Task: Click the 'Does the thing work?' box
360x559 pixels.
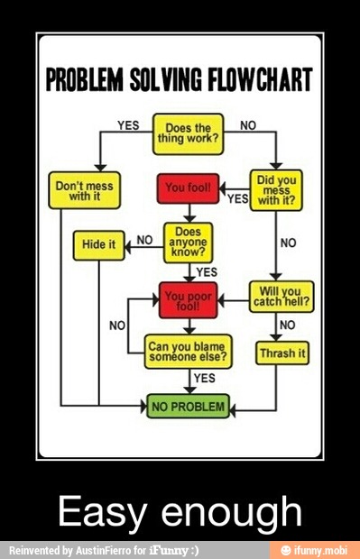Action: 188,133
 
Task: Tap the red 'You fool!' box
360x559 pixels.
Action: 188,188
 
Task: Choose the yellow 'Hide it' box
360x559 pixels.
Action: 99,244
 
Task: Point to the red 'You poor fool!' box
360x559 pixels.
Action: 188,299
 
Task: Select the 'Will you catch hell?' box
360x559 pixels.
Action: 281,298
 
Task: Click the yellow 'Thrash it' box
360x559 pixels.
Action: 282,353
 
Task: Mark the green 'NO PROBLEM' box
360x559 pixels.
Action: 188,407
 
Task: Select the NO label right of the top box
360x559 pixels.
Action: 247,125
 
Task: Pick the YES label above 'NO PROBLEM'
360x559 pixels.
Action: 205,378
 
